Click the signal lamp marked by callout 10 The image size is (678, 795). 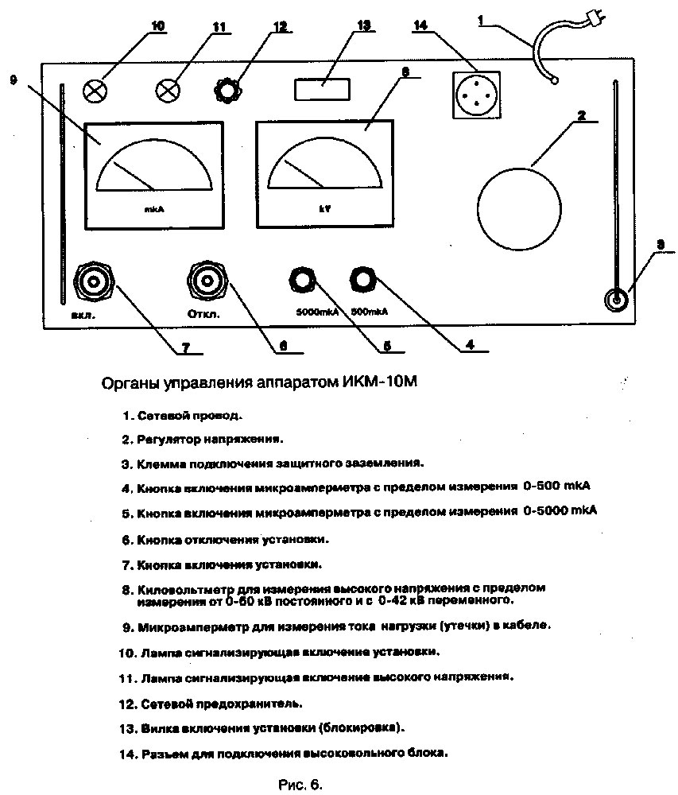[x=95, y=91]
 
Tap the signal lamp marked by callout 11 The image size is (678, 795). [x=168, y=91]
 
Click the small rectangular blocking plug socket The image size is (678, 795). [x=322, y=89]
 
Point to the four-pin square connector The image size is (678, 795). [x=476, y=95]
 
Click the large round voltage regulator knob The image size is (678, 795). [x=519, y=209]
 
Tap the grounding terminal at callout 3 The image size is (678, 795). [x=617, y=300]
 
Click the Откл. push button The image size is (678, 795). [x=207, y=281]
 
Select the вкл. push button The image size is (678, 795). [x=94, y=281]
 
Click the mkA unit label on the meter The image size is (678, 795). [x=154, y=209]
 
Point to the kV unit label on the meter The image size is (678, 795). [x=325, y=208]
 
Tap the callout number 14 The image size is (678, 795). [x=420, y=25]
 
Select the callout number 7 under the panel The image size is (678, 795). [x=185, y=347]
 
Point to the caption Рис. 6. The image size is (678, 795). [x=300, y=785]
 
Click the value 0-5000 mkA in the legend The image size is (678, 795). [x=560, y=510]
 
